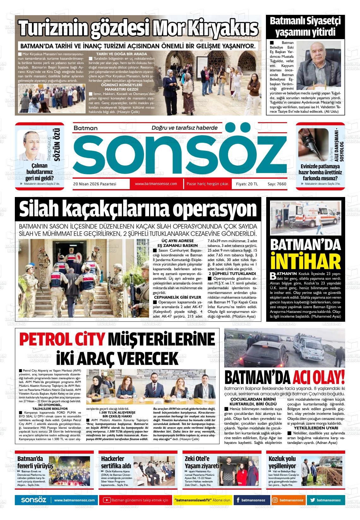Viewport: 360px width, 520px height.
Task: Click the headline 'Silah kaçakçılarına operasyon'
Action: click(138, 209)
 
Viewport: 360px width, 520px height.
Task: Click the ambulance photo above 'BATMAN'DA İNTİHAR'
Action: click(305, 218)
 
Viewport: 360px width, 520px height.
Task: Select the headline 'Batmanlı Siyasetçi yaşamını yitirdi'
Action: click(305, 27)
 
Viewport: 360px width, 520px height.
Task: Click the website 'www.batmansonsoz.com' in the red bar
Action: click(156, 184)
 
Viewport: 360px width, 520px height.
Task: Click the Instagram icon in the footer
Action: click(275, 500)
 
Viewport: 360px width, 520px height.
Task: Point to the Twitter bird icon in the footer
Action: click(312, 500)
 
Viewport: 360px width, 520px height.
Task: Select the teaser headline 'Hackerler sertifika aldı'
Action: click(116, 462)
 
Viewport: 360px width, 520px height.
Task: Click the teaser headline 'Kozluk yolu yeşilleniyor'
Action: click(282, 462)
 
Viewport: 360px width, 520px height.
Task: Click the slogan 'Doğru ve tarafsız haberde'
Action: click(185, 128)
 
